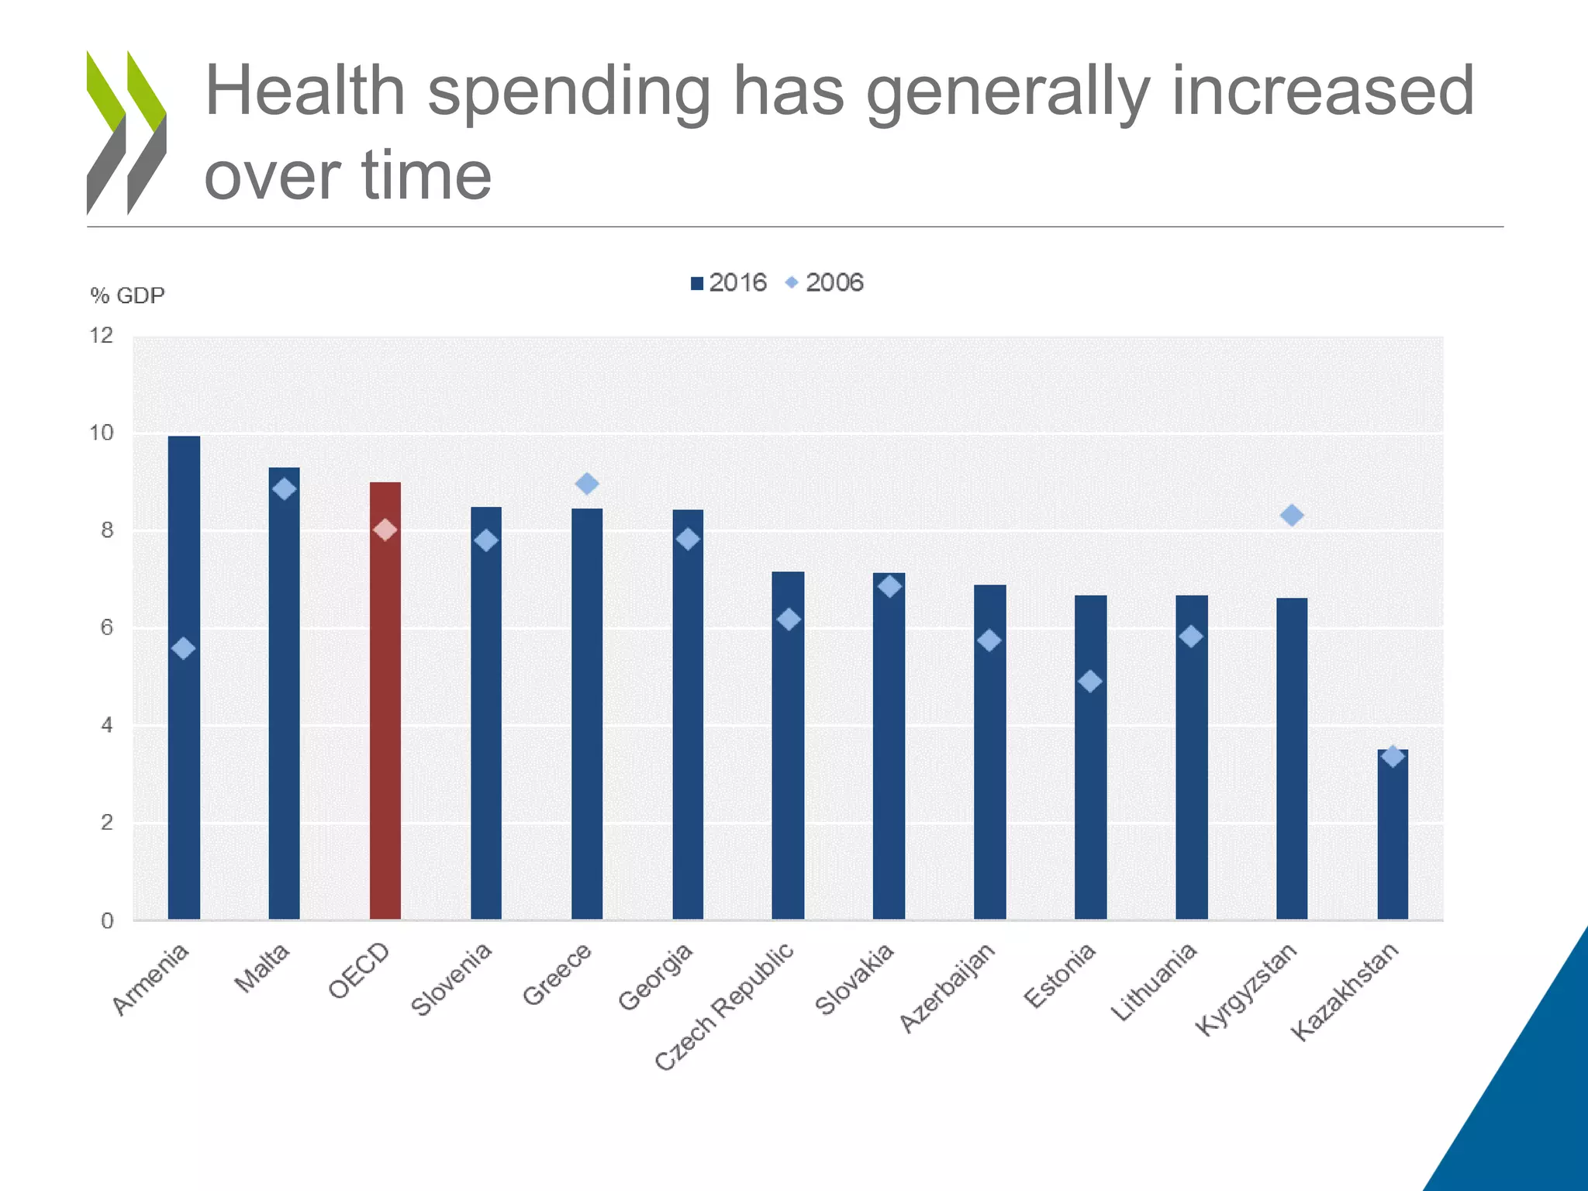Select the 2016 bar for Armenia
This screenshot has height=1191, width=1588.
pos(184,775)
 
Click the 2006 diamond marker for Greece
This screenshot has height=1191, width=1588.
pos(587,484)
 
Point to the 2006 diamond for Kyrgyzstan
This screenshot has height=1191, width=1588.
pos(1292,515)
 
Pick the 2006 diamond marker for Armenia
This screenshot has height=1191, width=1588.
pos(184,648)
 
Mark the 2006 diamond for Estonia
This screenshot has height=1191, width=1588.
pos(1090,682)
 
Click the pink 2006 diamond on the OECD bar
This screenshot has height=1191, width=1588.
pos(385,530)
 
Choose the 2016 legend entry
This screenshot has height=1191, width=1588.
pos(728,283)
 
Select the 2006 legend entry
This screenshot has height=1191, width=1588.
pos(825,283)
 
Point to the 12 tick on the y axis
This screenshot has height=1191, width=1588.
pos(102,336)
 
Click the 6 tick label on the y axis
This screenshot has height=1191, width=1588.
pos(106,627)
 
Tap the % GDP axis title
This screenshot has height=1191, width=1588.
pos(127,295)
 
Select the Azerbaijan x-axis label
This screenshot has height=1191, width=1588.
pos(947,988)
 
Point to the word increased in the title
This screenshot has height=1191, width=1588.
pos(1322,91)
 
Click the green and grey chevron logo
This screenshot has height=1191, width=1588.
pos(126,132)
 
